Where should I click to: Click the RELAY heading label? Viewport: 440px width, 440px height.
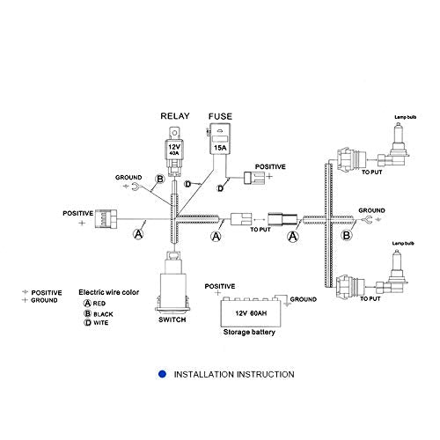pyautogui.click(x=175, y=116)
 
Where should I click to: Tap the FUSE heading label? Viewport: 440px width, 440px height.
pyautogui.click(x=220, y=116)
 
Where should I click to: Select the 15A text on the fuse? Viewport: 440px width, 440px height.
pyautogui.click(x=220, y=148)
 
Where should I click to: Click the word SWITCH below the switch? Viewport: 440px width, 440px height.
pyautogui.click(x=172, y=319)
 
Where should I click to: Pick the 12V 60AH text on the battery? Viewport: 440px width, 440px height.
pyautogui.click(x=251, y=313)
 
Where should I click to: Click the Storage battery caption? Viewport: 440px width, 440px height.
pyautogui.click(x=249, y=332)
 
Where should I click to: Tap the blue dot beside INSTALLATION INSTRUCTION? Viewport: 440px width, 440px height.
pyautogui.click(x=162, y=374)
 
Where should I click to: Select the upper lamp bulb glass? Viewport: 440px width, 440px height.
pyautogui.click(x=398, y=138)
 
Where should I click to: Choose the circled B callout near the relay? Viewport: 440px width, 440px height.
pyautogui.click(x=160, y=179)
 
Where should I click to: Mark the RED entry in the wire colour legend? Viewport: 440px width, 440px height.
pyautogui.click(x=95, y=303)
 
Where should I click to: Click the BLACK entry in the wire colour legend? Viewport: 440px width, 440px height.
pyautogui.click(x=99, y=314)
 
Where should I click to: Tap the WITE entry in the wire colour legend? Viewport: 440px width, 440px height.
pyautogui.click(x=96, y=323)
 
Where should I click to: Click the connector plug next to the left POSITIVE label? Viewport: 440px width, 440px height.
pyautogui.click(x=106, y=219)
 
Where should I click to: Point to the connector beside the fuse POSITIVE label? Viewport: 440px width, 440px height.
pyautogui.click(x=254, y=178)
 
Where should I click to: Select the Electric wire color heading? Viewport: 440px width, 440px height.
pyautogui.click(x=108, y=292)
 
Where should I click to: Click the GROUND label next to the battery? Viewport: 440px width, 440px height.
pyautogui.click(x=304, y=299)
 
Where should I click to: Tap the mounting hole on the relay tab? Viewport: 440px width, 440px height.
pyautogui.click(x=174, y=133)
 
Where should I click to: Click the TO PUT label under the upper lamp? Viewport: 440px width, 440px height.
pyautogui.click(x=371, y=172)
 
